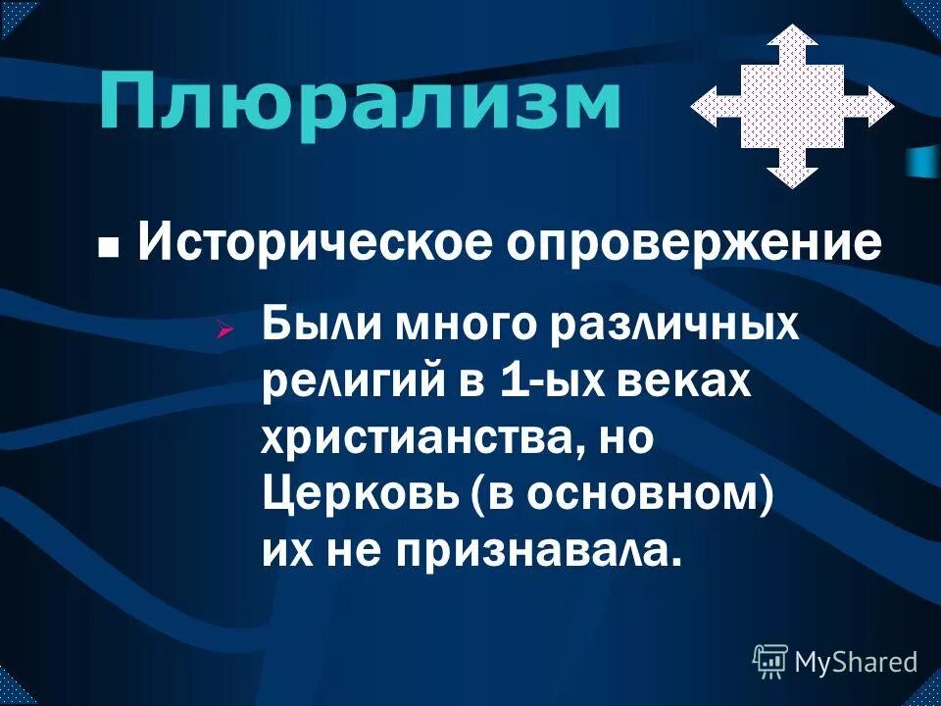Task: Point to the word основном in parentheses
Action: [637, 494]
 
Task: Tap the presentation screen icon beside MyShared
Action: [770, 662]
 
